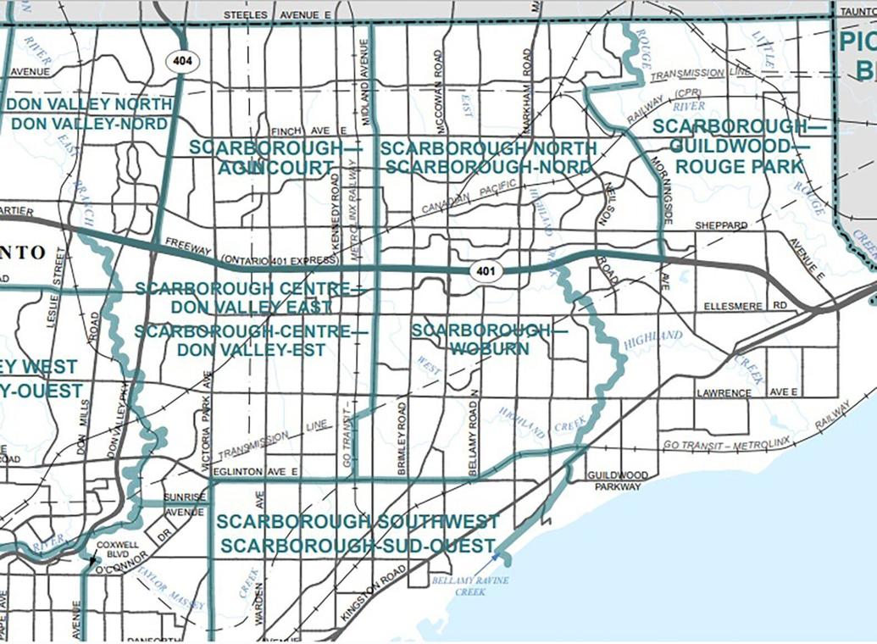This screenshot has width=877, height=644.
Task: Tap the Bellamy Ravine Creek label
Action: (x=458, y=586)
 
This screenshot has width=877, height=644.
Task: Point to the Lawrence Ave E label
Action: (x=747, y=393)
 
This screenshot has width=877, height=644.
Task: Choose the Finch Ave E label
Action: (x=309, y=131)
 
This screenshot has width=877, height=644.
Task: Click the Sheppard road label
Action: (x=721, y=226)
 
